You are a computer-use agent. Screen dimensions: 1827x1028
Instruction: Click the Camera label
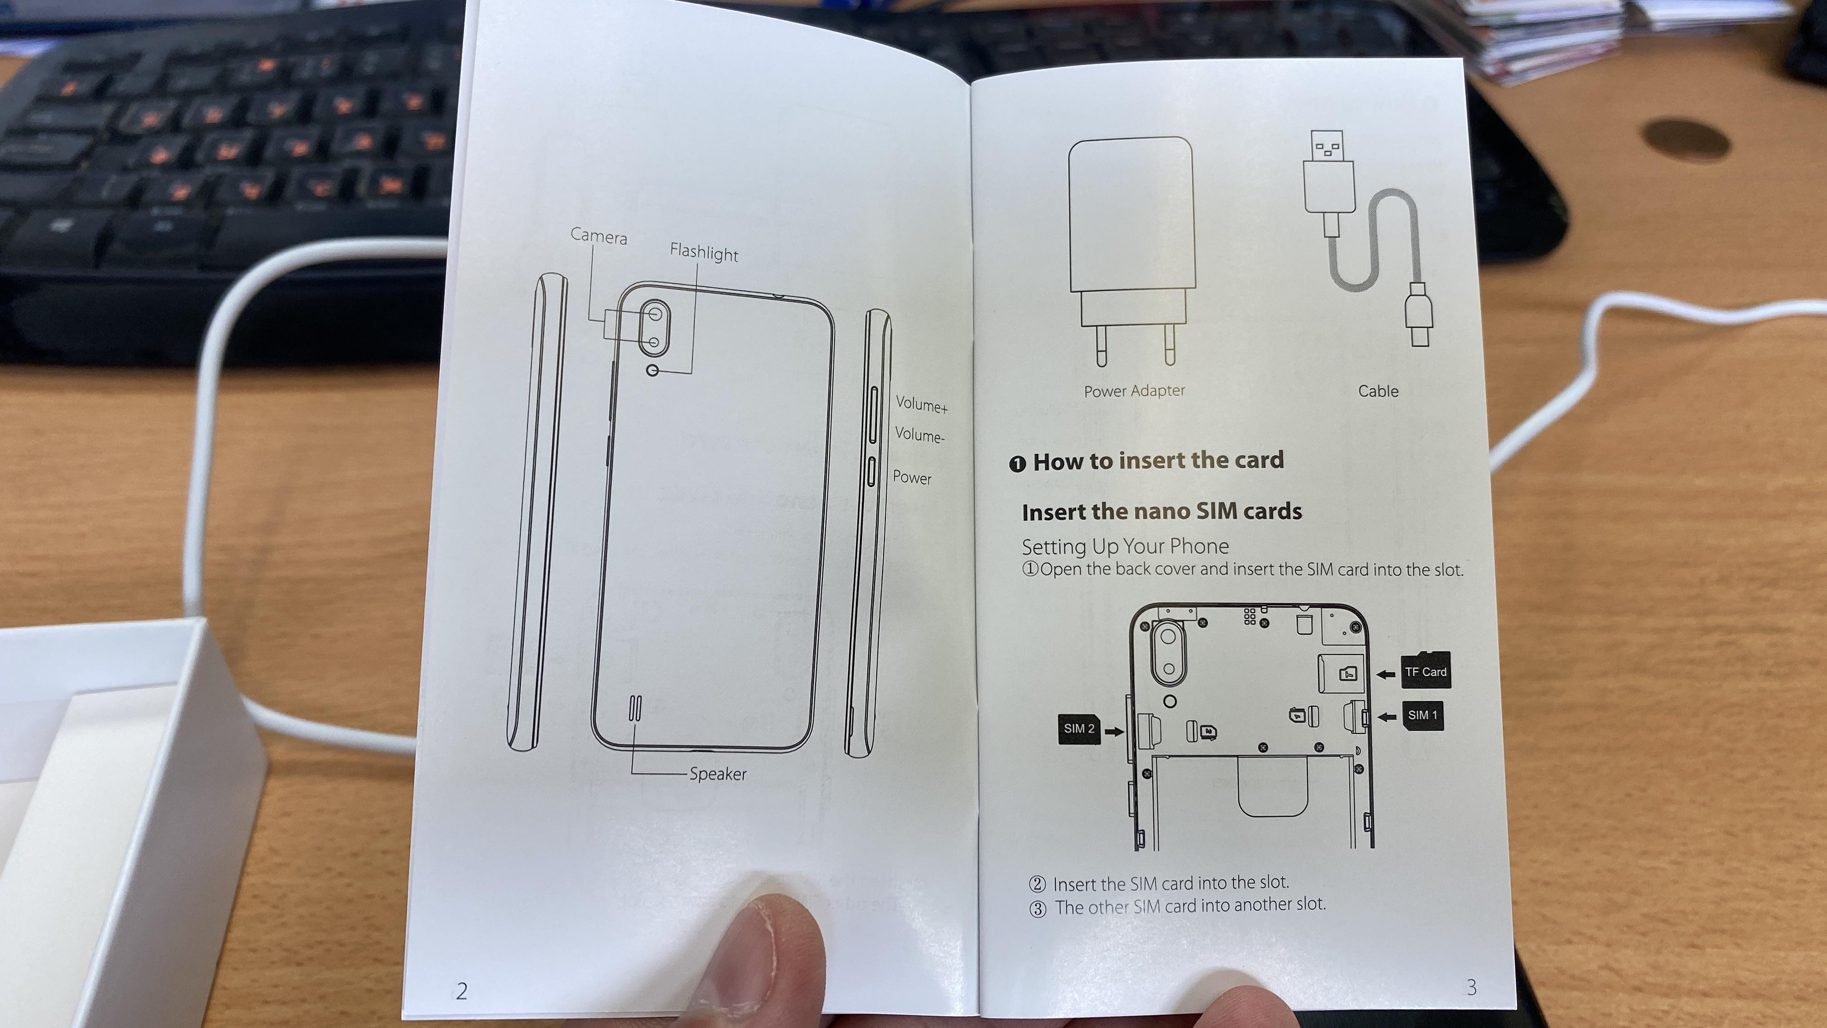[599, 236]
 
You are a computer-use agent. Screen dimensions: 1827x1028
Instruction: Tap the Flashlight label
[704, 252]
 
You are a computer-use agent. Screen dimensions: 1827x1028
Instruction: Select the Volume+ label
[921, 404]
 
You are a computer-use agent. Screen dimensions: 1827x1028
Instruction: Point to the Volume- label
[919, 435]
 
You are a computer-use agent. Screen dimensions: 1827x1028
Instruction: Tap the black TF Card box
[1426, 671]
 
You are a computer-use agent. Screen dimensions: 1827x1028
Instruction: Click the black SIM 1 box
[1423, 715]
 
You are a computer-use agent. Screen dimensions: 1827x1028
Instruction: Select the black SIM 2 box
[1079, 728]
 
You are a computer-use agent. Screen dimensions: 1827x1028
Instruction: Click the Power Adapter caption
[1134, 391]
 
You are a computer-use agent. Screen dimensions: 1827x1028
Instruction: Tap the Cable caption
[1378, 391]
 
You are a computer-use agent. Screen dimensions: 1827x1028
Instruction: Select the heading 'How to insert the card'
[1158, 461]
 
